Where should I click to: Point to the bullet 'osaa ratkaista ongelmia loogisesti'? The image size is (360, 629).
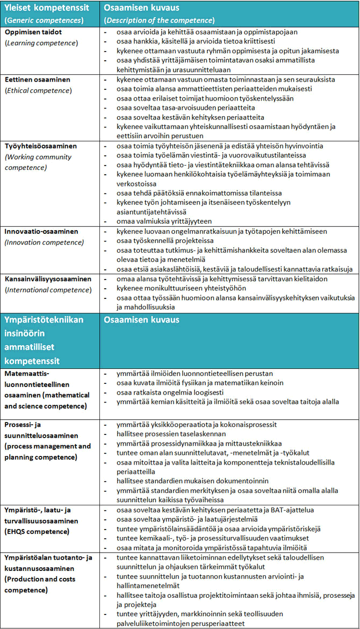170,392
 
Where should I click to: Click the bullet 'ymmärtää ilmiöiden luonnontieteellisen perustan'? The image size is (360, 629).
195,373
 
